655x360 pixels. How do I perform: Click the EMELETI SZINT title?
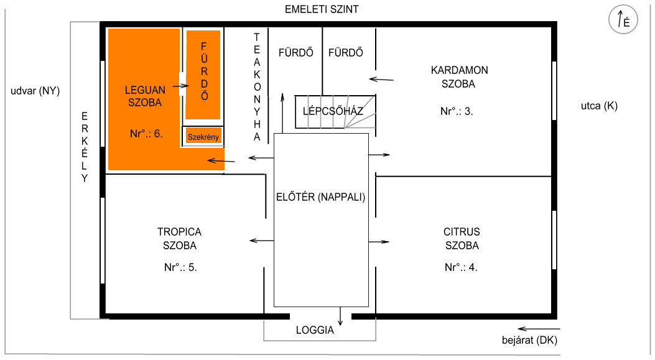click(x=322, y=9)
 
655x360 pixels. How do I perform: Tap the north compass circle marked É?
click(x=623, y=19)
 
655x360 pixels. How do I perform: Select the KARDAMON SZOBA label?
click(x=459, y=77)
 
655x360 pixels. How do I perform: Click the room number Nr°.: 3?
click(x=457, y=111)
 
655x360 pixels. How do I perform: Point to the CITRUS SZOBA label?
click(x=462, y=239)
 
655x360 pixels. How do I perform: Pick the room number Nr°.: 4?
click(x=461, y=267)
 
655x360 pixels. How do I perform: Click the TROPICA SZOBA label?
click(x=179, y=239)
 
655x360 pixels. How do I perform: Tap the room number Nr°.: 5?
click(x=180, y=267)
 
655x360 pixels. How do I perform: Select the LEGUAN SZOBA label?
click(x=145, y=96)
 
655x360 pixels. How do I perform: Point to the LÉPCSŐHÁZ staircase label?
click(x=333, y=111)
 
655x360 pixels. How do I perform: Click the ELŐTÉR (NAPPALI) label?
click(x=321, y=196)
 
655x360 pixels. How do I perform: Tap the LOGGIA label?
click(x=315, y=330)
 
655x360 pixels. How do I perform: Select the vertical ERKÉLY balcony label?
click(x=85, y=147)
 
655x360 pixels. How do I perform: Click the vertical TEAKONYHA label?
click(x=257, y=87)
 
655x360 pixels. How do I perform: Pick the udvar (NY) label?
click(x=35, y=91)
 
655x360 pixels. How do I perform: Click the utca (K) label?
click(x=599, y=106)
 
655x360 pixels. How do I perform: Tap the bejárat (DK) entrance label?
click(x=530, y=340)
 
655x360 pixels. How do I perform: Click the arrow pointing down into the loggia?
click(x=340, y=316)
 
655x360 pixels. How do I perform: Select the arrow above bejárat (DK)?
click(x=539, y=329)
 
